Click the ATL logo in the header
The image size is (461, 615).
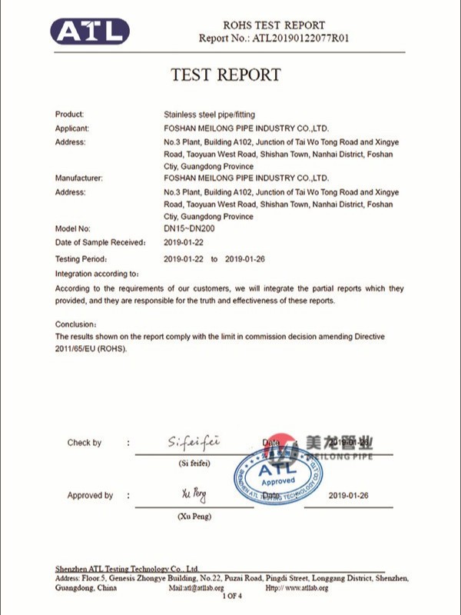click(90, 31)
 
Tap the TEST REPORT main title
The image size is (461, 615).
click(225, 75)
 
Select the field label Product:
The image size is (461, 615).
click(70, 115)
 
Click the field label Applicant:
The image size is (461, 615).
click(72, 128)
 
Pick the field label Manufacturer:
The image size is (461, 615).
click(78, 178)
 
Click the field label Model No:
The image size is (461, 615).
click(73, 229)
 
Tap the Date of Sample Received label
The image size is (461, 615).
click(100, 242)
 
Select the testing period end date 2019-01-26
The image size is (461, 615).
click(244, 259)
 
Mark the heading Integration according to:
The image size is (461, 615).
click(97, 274)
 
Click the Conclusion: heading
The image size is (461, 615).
click(76, 324)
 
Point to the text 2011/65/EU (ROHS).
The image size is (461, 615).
click(91, 348)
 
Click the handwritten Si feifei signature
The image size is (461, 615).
click(194, 441)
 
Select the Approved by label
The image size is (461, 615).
click(90, 496)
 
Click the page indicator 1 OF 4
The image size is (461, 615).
click(232, 596)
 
